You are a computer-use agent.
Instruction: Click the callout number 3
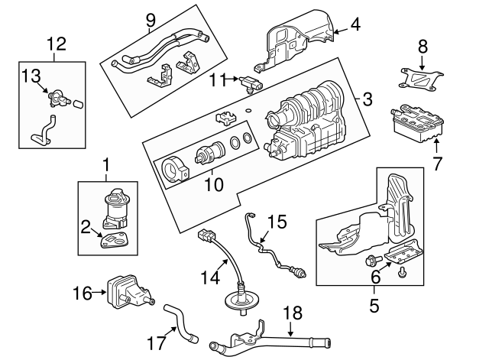[368, 99]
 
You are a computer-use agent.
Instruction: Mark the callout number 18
[293, 313]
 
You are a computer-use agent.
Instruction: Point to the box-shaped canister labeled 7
[416, 123]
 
